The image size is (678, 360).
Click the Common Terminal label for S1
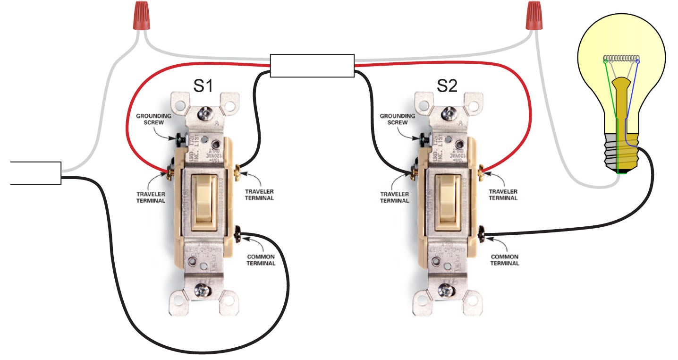point(261,260)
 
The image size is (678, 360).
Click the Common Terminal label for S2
point(504,260)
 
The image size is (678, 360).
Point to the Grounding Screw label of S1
point(151,119)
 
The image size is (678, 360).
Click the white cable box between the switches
point(312,65)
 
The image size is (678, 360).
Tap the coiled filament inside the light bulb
point(622,60)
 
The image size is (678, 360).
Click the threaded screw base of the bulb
point(621,151)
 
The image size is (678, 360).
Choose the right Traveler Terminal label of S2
point(503,195)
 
